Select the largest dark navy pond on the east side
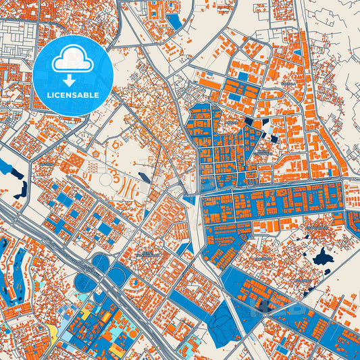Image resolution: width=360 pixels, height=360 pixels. point(322,257)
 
